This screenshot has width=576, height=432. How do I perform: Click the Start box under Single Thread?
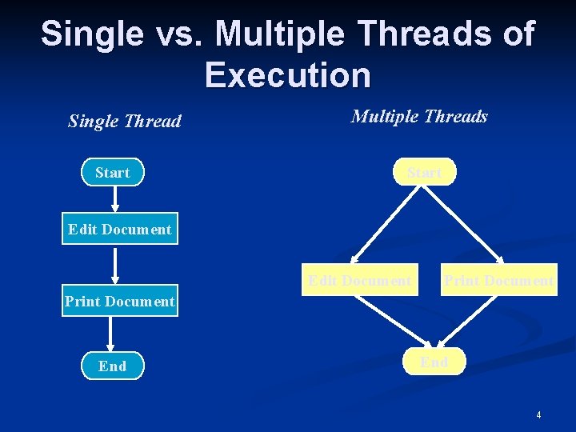point(113,173)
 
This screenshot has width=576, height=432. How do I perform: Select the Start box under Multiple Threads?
point(424,172)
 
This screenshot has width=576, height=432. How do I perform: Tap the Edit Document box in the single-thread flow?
point(120,230)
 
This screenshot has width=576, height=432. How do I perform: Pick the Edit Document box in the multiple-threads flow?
point(360,280)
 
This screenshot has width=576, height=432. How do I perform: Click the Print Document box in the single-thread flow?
point(120,302)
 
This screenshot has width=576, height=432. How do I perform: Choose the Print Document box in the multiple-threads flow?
point(498,280)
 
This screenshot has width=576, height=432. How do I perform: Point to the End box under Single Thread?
point(113,366)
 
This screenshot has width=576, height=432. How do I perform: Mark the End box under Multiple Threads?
point(434,362)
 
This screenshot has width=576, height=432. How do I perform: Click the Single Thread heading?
point(125,122)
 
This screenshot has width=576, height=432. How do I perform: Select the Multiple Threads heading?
point(419,117)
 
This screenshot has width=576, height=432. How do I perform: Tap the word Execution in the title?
point(288,75)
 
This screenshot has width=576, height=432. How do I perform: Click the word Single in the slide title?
point(82,34)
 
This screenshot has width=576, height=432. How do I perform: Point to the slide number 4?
point(538,414)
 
